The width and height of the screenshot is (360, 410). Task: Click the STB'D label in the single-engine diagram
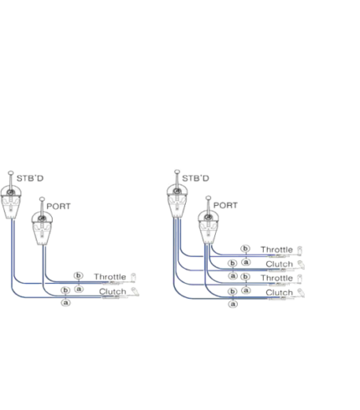(30, 178)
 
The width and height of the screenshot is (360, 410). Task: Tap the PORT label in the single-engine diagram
(59, 207)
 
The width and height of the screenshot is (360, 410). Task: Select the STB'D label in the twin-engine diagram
(195, 178)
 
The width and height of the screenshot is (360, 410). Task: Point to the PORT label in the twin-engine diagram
(225, 205)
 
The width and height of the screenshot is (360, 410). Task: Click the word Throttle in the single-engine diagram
(110, 277)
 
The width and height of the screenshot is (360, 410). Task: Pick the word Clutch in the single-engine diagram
(112, 292)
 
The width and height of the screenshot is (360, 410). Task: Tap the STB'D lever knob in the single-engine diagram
(11, 173)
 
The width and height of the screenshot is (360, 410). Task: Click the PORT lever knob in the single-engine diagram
(42, 199)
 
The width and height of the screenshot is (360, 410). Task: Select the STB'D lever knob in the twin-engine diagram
(177, 172)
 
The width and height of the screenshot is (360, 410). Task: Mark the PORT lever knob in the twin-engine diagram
(208, 198)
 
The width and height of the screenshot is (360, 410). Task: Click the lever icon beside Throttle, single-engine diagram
(133, 277)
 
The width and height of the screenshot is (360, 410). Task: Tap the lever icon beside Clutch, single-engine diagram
(135, 292)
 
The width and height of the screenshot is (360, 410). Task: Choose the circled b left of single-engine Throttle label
(79, 275)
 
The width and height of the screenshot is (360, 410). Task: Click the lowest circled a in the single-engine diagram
(65, 303)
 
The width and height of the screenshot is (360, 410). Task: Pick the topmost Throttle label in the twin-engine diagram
(277, 249)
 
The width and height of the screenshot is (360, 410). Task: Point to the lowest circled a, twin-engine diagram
(233, 304)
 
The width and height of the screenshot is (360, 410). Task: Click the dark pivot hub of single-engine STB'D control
(11, 192)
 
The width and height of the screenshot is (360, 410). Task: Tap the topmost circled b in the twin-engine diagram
(245, 249)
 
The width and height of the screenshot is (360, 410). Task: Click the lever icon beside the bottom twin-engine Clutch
(301, 293)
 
